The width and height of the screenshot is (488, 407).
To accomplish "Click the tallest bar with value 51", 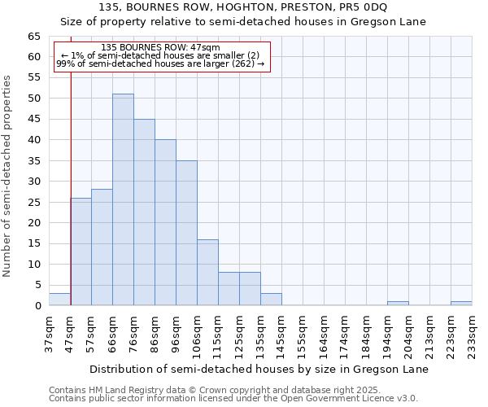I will coord(123,199).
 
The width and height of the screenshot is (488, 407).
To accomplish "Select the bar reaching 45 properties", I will coord(144,212).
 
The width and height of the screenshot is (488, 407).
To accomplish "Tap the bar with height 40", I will coord(165,222).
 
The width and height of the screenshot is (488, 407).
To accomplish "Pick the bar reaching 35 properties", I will coord(186,233).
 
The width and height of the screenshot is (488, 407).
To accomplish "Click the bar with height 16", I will coord(207,272).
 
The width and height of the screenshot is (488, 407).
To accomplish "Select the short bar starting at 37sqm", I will coord(59,300).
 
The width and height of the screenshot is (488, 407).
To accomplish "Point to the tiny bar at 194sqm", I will coord(398,304).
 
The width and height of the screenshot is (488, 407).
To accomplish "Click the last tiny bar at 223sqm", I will coord(461,304).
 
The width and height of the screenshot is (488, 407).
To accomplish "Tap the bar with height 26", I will coord(81,252).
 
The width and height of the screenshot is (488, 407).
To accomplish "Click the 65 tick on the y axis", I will coord(33,37).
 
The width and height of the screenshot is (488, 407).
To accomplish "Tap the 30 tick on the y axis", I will coord(33,182).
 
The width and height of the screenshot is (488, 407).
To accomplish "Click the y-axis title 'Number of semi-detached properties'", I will coord(9,176).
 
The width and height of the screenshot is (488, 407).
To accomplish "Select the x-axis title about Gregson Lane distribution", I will coord(259,369).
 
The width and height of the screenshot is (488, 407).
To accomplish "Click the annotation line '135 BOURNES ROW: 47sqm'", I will coord(161,48).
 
